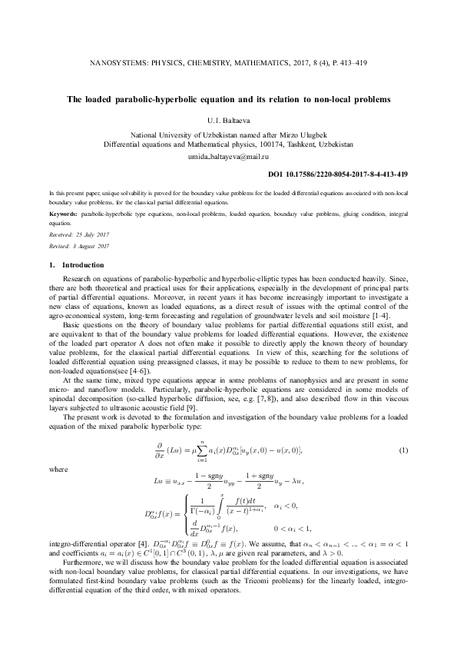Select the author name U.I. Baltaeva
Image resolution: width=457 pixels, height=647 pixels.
point(228,120)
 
